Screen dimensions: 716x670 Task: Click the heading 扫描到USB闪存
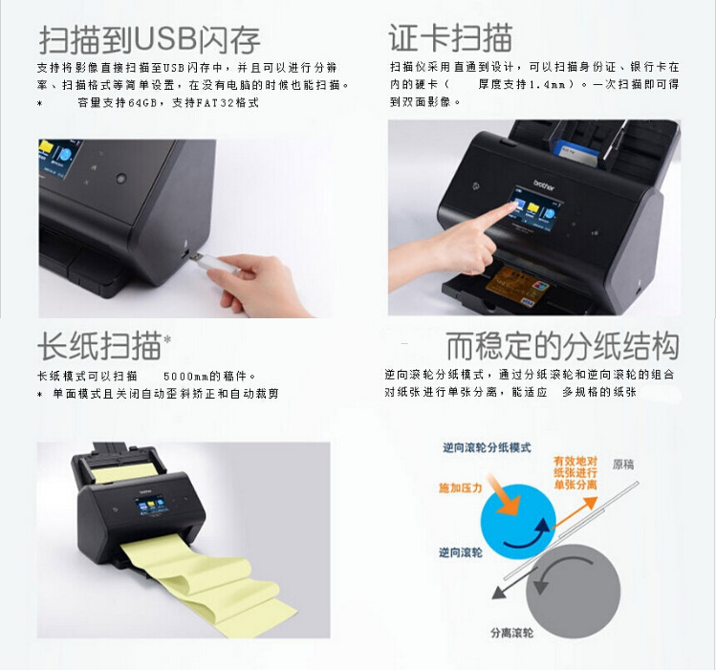pyautogui.click(x=149, y=40)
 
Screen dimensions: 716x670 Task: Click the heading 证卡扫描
pyautogui.click(x=450, y=38)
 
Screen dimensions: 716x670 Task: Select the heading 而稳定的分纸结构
pyautogui.click(x=562, y=346)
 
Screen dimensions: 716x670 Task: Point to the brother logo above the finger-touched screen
pyautogui.click(x=544, y=184)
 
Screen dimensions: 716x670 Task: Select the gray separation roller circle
pyautogui.click(x=574, y=591)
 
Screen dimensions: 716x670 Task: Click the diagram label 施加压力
pyautogui.click(x=461, y=487)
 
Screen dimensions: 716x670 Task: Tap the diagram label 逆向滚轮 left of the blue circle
pyautogui.click(x=461, y=552)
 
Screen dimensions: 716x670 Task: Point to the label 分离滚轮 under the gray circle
pyautogui.click(x=511, y=633)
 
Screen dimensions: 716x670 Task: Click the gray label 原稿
pyautogui.click(x=623, y=465)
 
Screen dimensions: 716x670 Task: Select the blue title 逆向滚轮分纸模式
pyautogui.click(x=487, y=447)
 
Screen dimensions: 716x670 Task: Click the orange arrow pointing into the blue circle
pyautogui.click(x=504, y=495)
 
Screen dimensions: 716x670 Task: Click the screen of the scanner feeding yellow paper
pyautogui.click(x=150, y=507)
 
